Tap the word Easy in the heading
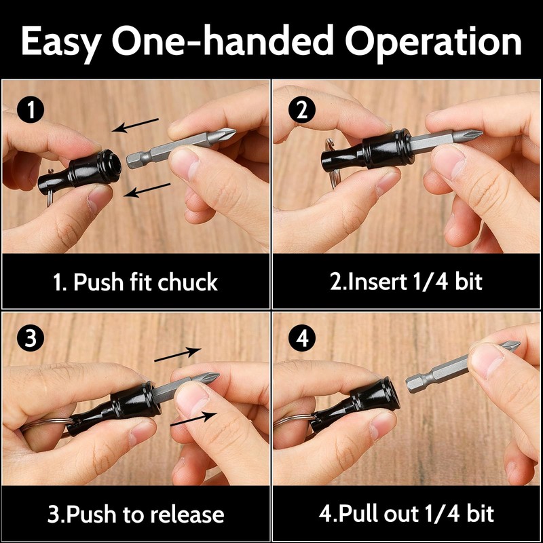tap(61, 43)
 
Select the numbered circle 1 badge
tap(31, 110)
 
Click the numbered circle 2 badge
tap(302, 110)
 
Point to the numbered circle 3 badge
tap(31, 338)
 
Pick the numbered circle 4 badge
tap(302, 338)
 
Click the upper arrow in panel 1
tap(135, 126)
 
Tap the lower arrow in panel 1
tap(147, 190)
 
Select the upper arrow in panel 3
tap(178, 354)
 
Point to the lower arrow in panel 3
tap(193, 418)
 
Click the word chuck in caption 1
tap(188, 282)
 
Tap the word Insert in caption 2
tap(378, 282)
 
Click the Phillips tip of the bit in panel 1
tap(224, 134)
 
